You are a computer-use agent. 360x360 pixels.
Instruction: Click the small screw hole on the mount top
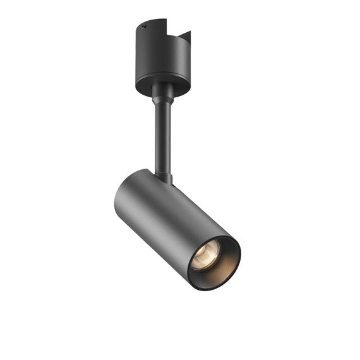click(143, 27)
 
